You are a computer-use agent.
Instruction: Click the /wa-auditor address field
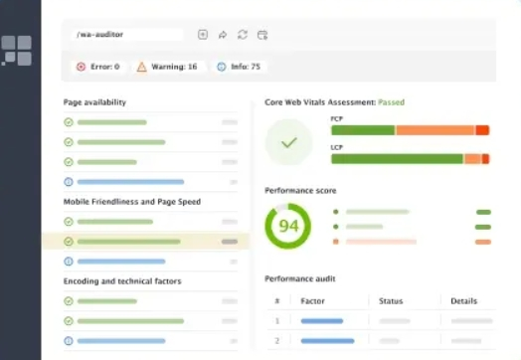127,35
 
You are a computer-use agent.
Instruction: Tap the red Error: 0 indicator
97,67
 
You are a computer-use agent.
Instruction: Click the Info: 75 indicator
239,67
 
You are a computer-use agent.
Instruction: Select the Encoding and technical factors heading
122,281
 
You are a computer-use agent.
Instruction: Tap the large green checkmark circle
288,143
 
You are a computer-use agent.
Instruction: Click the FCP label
336,119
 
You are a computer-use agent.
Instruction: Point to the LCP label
336,147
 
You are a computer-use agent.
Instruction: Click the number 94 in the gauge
288,227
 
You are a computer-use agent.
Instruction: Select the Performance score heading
300,190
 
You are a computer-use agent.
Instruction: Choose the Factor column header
313,300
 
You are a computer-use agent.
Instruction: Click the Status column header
390,300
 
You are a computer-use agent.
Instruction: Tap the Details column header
463,300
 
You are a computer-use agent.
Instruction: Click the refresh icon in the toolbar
242,35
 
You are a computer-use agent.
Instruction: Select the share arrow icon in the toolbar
223,35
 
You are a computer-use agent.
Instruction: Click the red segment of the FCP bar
482,130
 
